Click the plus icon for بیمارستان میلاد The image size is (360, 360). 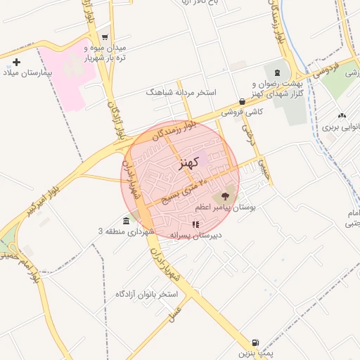[17, 63]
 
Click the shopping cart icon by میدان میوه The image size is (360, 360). [105, 37]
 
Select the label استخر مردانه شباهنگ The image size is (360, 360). [181, 92]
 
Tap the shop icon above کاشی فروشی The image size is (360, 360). [242, 101]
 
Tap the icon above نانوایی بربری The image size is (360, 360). [342, 115]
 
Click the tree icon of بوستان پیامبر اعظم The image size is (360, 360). [225, 196]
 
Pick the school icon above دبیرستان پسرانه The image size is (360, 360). [195, 224]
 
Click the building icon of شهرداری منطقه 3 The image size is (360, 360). [126, 221]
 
